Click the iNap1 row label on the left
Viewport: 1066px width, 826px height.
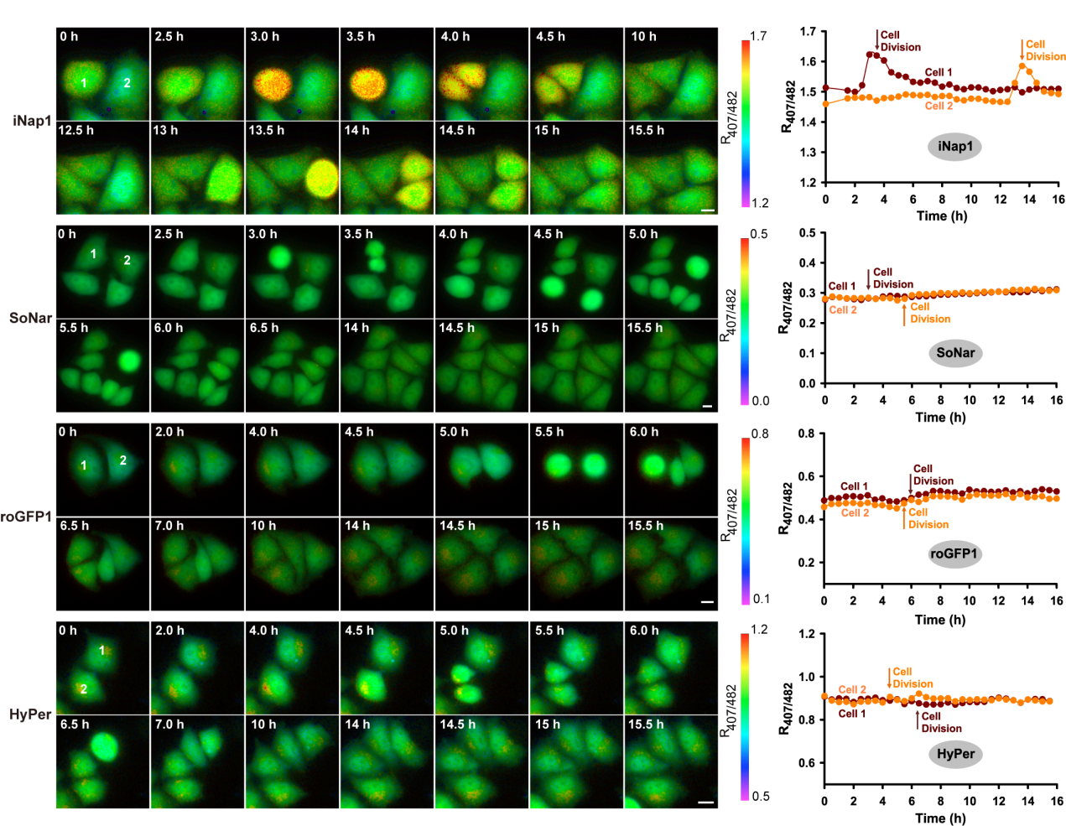point(32,121)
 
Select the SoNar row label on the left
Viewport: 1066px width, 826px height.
point(30,318)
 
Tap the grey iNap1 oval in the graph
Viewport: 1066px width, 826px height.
point(955,147)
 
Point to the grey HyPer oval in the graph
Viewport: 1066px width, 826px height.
point(955,754)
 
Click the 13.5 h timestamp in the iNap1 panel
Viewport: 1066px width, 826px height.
point(267,131)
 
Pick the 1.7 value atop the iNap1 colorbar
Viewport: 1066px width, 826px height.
point(757,36)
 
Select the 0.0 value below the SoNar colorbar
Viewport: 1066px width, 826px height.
point(760,401)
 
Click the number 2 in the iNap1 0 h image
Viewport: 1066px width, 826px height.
point(127,83)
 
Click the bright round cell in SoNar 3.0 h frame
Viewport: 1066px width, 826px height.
point(279,257)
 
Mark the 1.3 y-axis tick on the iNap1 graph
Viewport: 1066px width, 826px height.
point(808,153)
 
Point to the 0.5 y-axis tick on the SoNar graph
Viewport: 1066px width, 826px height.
point(807,233)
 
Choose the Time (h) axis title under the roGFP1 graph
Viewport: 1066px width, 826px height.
point(940,620)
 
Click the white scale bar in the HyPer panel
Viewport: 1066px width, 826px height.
point(706,803)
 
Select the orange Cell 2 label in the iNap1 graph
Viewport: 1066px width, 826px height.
point(939,106)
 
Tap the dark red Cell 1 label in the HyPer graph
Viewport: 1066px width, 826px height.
point(853,714)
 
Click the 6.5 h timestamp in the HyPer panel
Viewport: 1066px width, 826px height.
point(74,725)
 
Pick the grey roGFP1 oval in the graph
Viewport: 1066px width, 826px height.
point(954,554)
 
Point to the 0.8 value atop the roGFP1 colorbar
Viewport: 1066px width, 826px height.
point(760,434)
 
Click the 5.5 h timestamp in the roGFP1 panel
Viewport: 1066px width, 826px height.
point(549,432)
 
